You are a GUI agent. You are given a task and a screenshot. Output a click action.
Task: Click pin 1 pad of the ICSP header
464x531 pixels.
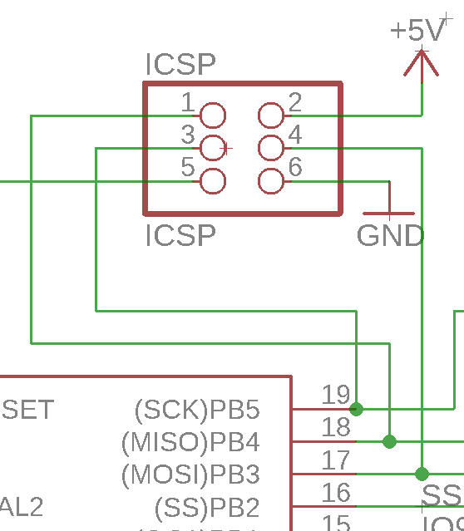pyautogui.click(x=213, y=115)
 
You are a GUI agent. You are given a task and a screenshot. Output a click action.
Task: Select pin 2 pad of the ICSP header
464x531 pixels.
pyautogui.click(x=271, y=115)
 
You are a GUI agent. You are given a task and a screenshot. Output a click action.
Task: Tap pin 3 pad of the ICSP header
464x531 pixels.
pyautogui.click(x=213, y=148)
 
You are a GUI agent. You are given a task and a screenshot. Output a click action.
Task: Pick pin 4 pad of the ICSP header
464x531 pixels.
pyautogui.click(x=271, y=148)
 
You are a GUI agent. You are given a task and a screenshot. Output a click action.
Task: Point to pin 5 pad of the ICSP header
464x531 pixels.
pyautogui.click(x=213, y=180)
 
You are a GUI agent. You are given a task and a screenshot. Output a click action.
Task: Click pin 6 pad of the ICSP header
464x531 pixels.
pyautogui.click(x=271, y=180)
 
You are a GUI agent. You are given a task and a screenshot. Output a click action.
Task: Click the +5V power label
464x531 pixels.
pyautogui.click(x=418, y=32)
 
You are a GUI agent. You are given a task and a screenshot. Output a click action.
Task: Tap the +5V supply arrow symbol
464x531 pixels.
pyautogui.click(x=422, y=64)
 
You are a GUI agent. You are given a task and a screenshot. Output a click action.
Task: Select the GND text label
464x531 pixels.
pyautogui.click(x=390, y=236)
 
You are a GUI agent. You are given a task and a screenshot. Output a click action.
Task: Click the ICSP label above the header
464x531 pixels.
pyautogui.click(x=180, y=65)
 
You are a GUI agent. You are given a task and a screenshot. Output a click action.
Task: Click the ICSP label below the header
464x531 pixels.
pyautogui.click(x=180, y=236)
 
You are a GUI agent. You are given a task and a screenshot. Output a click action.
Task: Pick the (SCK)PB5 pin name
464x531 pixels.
pyautogui.click(x=197, y=410)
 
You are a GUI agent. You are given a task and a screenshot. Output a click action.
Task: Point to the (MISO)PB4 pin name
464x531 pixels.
pyautogui.click(x=190, y=442)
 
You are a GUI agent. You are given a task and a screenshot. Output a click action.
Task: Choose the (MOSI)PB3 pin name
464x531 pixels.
pyautogui.click(x=190, y=474)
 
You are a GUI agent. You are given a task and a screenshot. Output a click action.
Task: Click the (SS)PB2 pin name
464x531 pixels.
pyautogui.click(x=207, y=507)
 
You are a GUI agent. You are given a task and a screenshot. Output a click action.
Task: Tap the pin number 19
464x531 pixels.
pyautogui.click(x=336, y=394)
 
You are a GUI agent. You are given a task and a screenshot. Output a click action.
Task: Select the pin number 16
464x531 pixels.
pyautogui.click(x=336, y=492)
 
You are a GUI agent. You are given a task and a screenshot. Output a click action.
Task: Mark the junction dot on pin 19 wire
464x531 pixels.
pyautogui.click(x=356, y=409)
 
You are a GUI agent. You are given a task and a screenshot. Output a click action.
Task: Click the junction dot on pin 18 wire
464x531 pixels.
pyautogui.click(x=389, y=441)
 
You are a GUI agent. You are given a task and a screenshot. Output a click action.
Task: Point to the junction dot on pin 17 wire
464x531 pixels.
pyautogui.click(x=422, y=474)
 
